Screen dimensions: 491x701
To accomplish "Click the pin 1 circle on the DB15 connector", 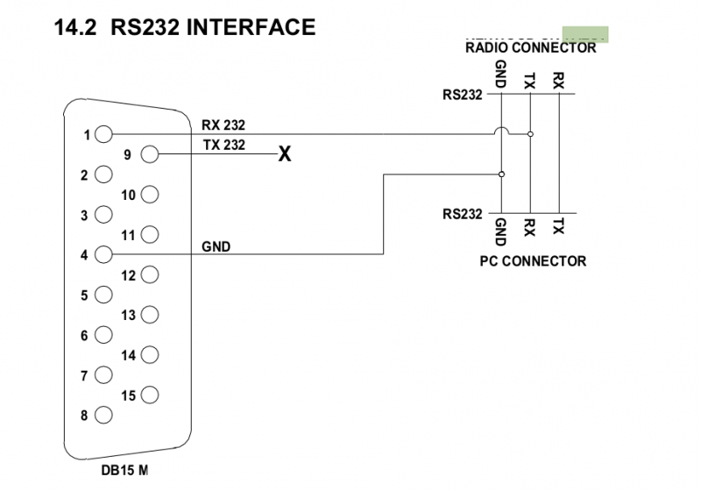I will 105,135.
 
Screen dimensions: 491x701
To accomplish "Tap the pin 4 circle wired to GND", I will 105,255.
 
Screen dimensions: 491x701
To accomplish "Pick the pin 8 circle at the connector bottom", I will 105,416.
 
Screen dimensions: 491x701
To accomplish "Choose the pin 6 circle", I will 105,335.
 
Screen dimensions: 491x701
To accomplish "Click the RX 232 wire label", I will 223,125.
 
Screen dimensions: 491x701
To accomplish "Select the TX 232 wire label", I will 223,146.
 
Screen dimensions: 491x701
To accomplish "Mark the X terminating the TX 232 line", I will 284,156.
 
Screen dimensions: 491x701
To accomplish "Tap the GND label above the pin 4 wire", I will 216,247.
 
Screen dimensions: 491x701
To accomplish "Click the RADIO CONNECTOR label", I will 530,48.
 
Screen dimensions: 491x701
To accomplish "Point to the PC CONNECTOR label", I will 533,261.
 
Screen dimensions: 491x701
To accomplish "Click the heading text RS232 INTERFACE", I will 213,27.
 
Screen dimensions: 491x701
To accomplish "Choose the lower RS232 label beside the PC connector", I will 462,213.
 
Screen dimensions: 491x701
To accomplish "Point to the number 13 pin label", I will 128,316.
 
